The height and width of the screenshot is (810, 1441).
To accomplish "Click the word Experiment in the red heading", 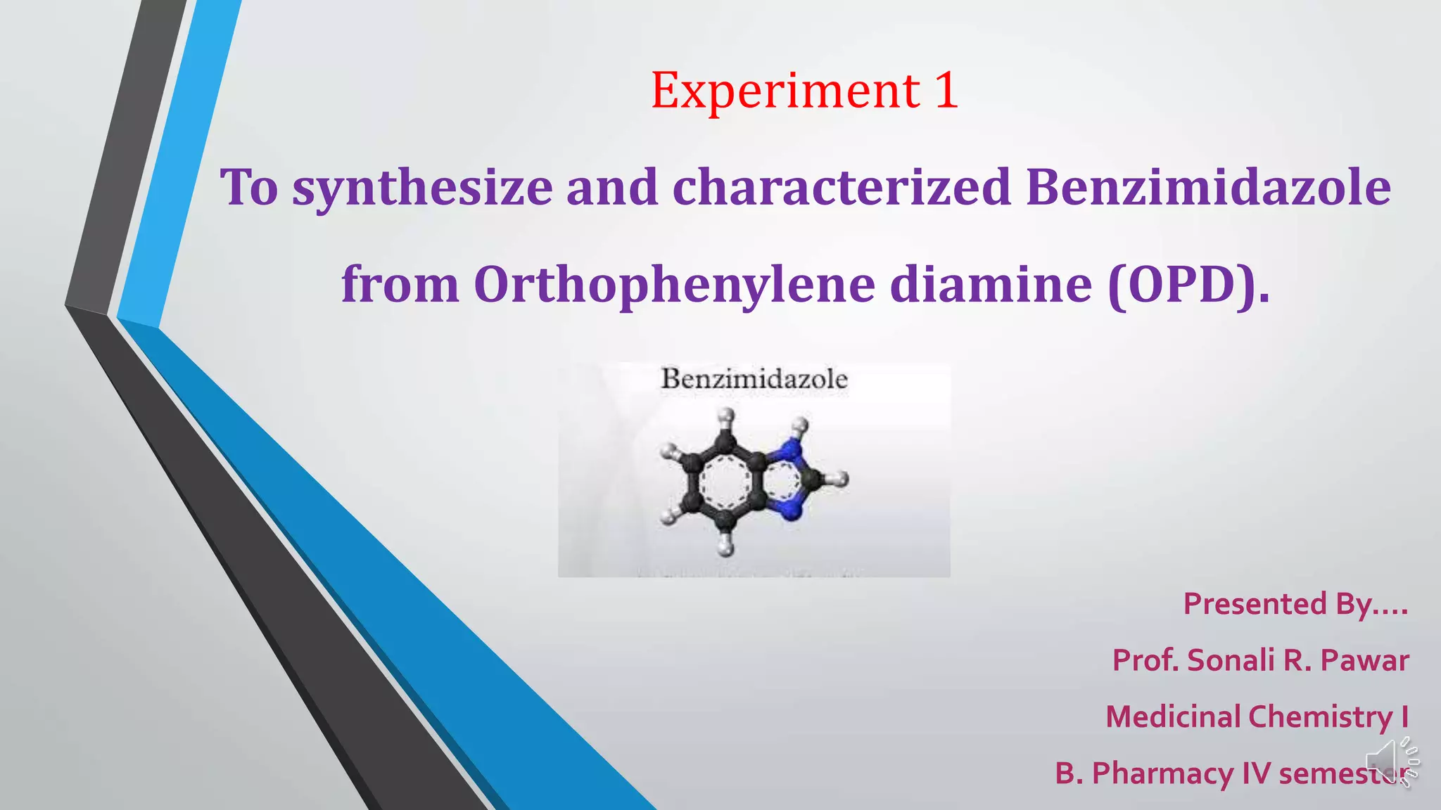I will (x=785, y=91).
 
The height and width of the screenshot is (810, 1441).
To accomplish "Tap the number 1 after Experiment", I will (x=946, y=91).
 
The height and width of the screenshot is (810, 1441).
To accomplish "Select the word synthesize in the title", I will (x=422, y=188).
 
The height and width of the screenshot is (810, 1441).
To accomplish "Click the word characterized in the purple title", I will (x=842, y=188).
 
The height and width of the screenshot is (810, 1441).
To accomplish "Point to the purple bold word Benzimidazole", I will (x=1208, y=188).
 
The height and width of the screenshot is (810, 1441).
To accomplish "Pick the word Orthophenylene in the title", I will (x=674, y=285).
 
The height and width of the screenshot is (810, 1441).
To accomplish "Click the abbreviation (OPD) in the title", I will (x=1189, y=285).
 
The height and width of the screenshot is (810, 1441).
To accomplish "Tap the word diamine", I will (x=991, y=285).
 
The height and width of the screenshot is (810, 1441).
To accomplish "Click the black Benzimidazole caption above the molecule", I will (x=754, y=379).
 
